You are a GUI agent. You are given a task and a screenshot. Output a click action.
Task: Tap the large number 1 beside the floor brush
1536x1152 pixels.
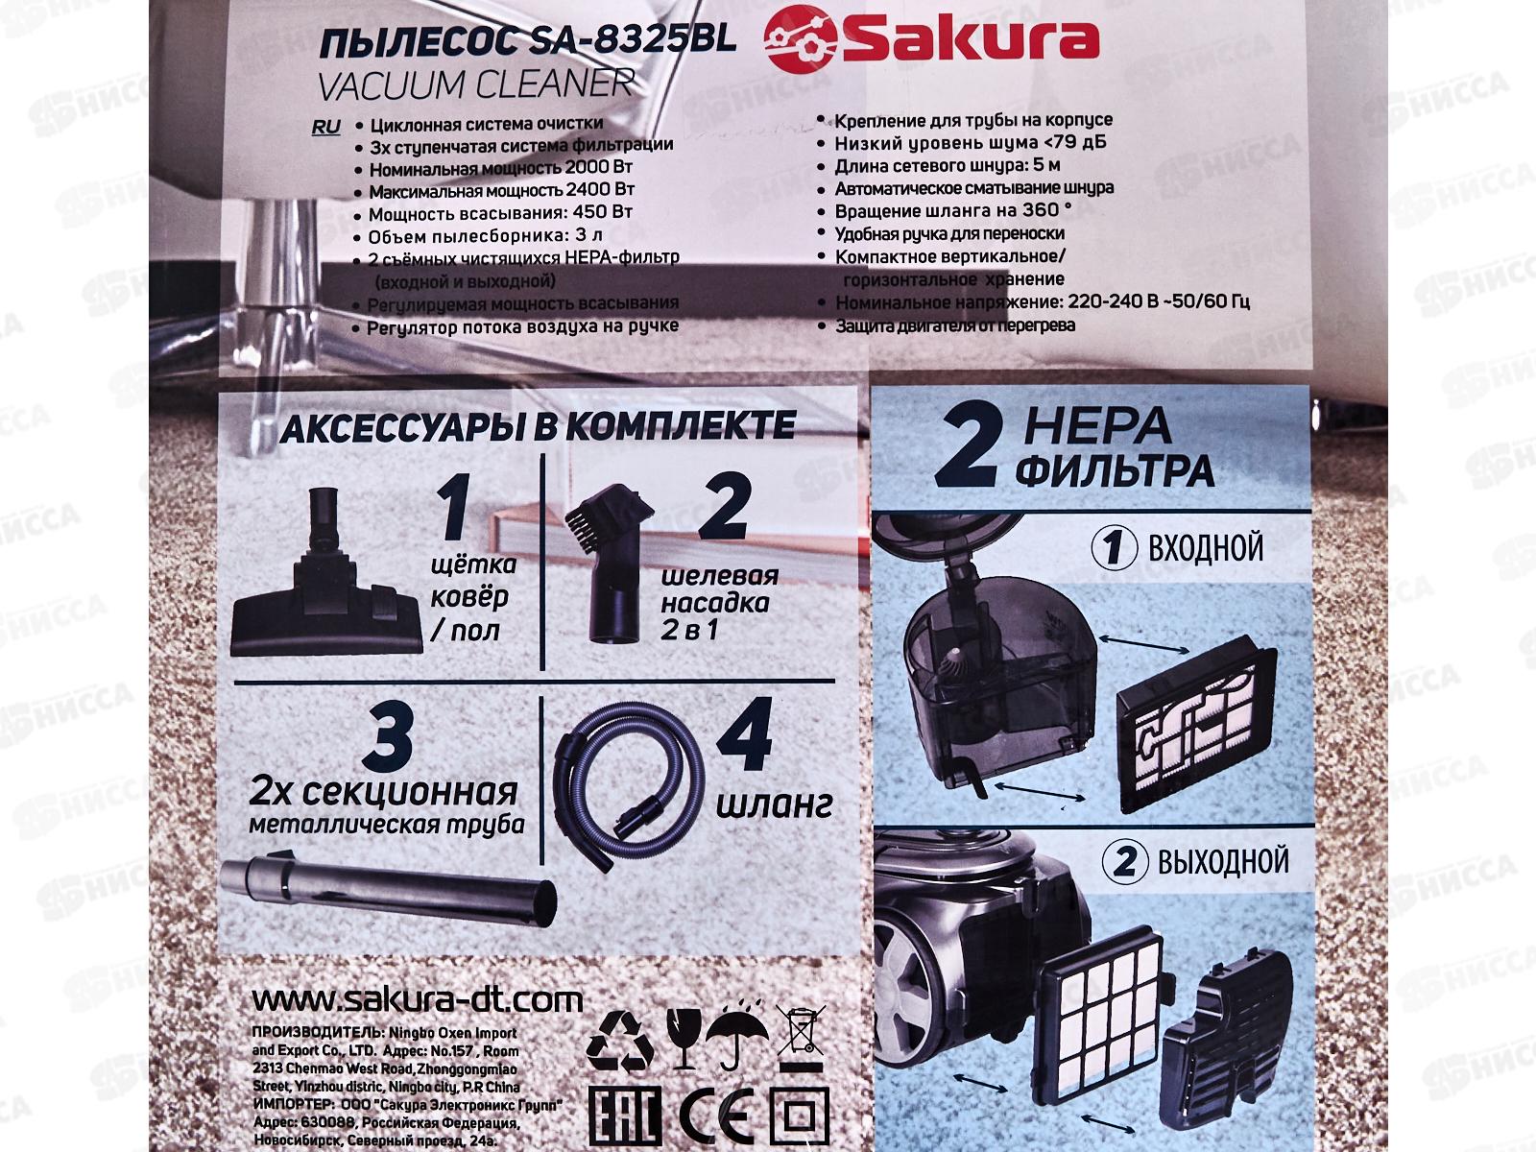455,512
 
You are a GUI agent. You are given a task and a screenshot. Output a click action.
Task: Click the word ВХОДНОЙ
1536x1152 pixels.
1205,548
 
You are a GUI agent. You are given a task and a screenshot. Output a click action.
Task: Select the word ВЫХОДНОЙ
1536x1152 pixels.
1222,861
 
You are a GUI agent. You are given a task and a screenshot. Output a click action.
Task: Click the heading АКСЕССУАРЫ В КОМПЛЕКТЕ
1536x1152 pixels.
537,425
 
